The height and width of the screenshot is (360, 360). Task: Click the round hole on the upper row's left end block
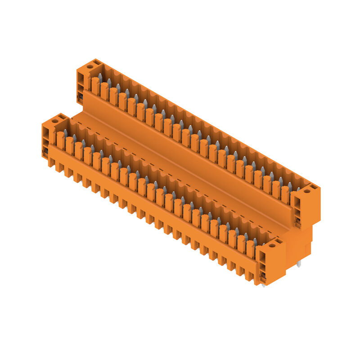click(90, 66)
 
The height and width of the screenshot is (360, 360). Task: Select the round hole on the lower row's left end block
click(55, 121)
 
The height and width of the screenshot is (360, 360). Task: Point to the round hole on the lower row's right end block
click(272, 245)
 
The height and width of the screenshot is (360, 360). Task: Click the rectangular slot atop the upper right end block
click(314, 186)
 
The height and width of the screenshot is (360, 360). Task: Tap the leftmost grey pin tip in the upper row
click(100, 77)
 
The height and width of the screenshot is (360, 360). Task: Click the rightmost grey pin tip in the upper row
click(298, 189)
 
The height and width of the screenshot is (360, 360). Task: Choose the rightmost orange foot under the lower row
click(249, 275)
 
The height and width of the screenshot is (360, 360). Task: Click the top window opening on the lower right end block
click(262, 257)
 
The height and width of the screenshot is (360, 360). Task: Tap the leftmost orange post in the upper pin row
click(95, 85)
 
